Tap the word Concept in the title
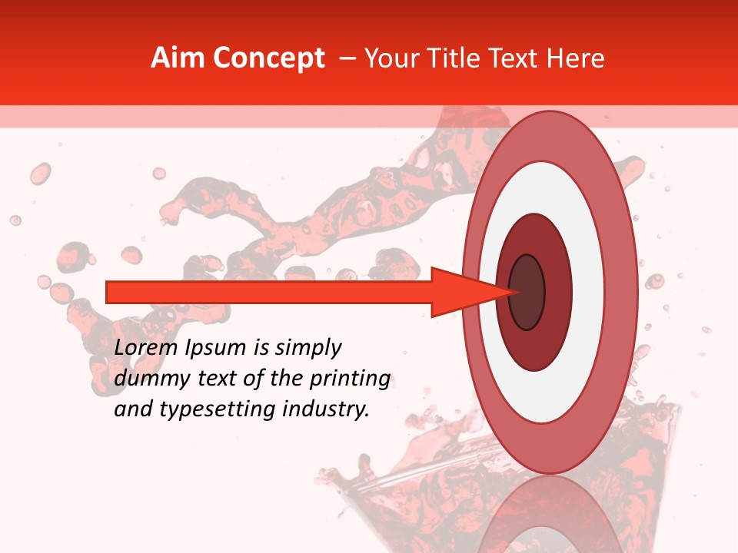coord(268,58)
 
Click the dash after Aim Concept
coord(346,58)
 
